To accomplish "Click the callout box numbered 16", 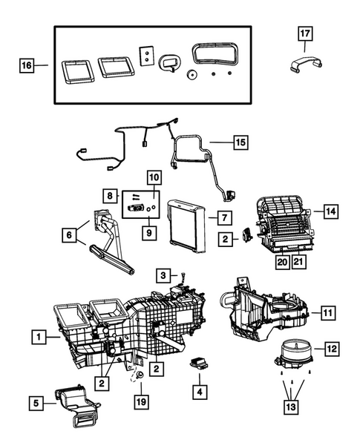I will [26, 66].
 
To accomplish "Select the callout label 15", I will [240, 140].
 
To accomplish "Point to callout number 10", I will [154, 177].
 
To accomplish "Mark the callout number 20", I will [283, 260].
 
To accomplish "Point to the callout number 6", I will [71, 235].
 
